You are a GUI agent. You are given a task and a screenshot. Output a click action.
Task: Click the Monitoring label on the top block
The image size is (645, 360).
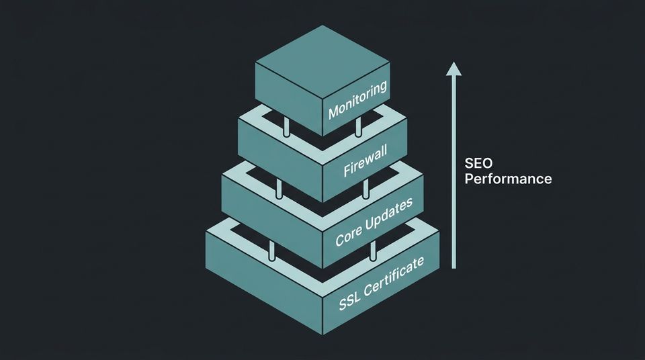[357, 99]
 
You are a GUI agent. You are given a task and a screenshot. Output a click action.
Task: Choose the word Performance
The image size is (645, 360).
[508, 179]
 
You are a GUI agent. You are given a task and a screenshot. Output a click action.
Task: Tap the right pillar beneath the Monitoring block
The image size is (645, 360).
[358, 126]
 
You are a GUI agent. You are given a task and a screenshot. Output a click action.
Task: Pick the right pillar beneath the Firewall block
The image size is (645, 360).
[366, 189]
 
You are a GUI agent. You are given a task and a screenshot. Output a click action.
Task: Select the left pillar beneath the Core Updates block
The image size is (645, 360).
[271, 250]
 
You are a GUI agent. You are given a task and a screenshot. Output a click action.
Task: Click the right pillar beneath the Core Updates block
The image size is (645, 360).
[373, 251]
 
